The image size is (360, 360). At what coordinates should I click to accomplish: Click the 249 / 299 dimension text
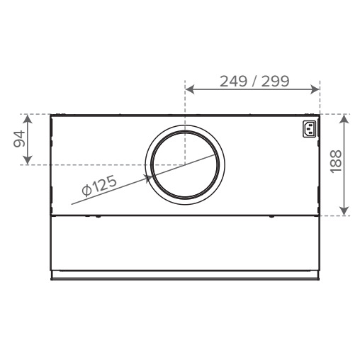click(x=254, y=80)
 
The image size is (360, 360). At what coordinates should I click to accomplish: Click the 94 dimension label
click(x=21, y=139)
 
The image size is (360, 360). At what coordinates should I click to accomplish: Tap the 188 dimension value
click(x=337, y=164)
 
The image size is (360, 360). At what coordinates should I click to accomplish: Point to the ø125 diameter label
click(x=98, y=187)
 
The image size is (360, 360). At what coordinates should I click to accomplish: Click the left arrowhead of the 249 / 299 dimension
click(x=189, y=90)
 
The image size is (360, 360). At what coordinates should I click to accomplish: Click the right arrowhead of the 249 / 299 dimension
click(x=317, y=90)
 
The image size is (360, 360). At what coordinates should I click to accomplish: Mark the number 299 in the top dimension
click(x=275, y=80)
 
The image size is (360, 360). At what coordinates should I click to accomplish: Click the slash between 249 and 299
click(x=254, y=80)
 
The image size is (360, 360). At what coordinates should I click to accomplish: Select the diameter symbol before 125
click(x=85, y=191)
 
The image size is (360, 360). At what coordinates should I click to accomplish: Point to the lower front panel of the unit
click(x=184, y=242)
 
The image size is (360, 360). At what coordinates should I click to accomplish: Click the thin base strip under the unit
click(x=184, y=274)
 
